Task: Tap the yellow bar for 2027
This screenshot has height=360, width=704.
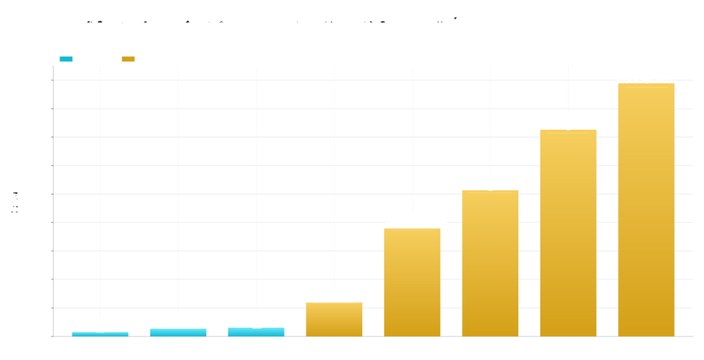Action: (x=411, y=282)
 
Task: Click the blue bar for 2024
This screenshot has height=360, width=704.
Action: (x=178, y=332)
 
